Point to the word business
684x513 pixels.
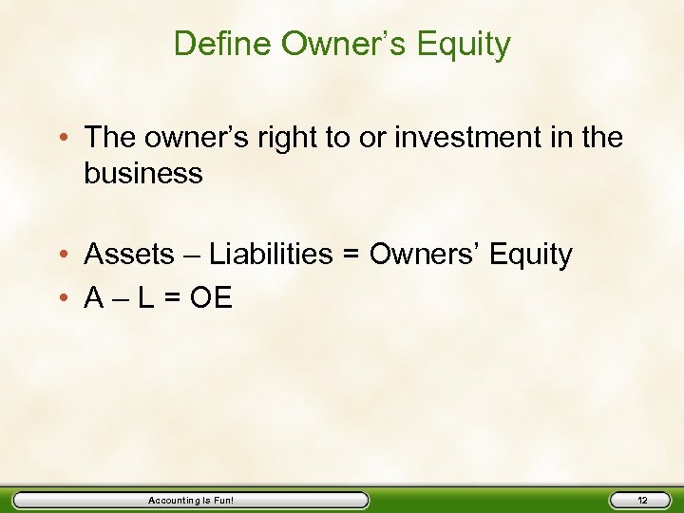143,174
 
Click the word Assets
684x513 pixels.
129,255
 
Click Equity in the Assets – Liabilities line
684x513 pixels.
529,256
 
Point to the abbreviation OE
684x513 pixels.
211,298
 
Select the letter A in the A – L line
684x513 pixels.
95,298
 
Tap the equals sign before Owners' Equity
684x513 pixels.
353,256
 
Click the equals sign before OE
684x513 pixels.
176,299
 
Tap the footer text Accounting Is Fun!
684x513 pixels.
190,500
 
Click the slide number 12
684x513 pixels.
641,500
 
